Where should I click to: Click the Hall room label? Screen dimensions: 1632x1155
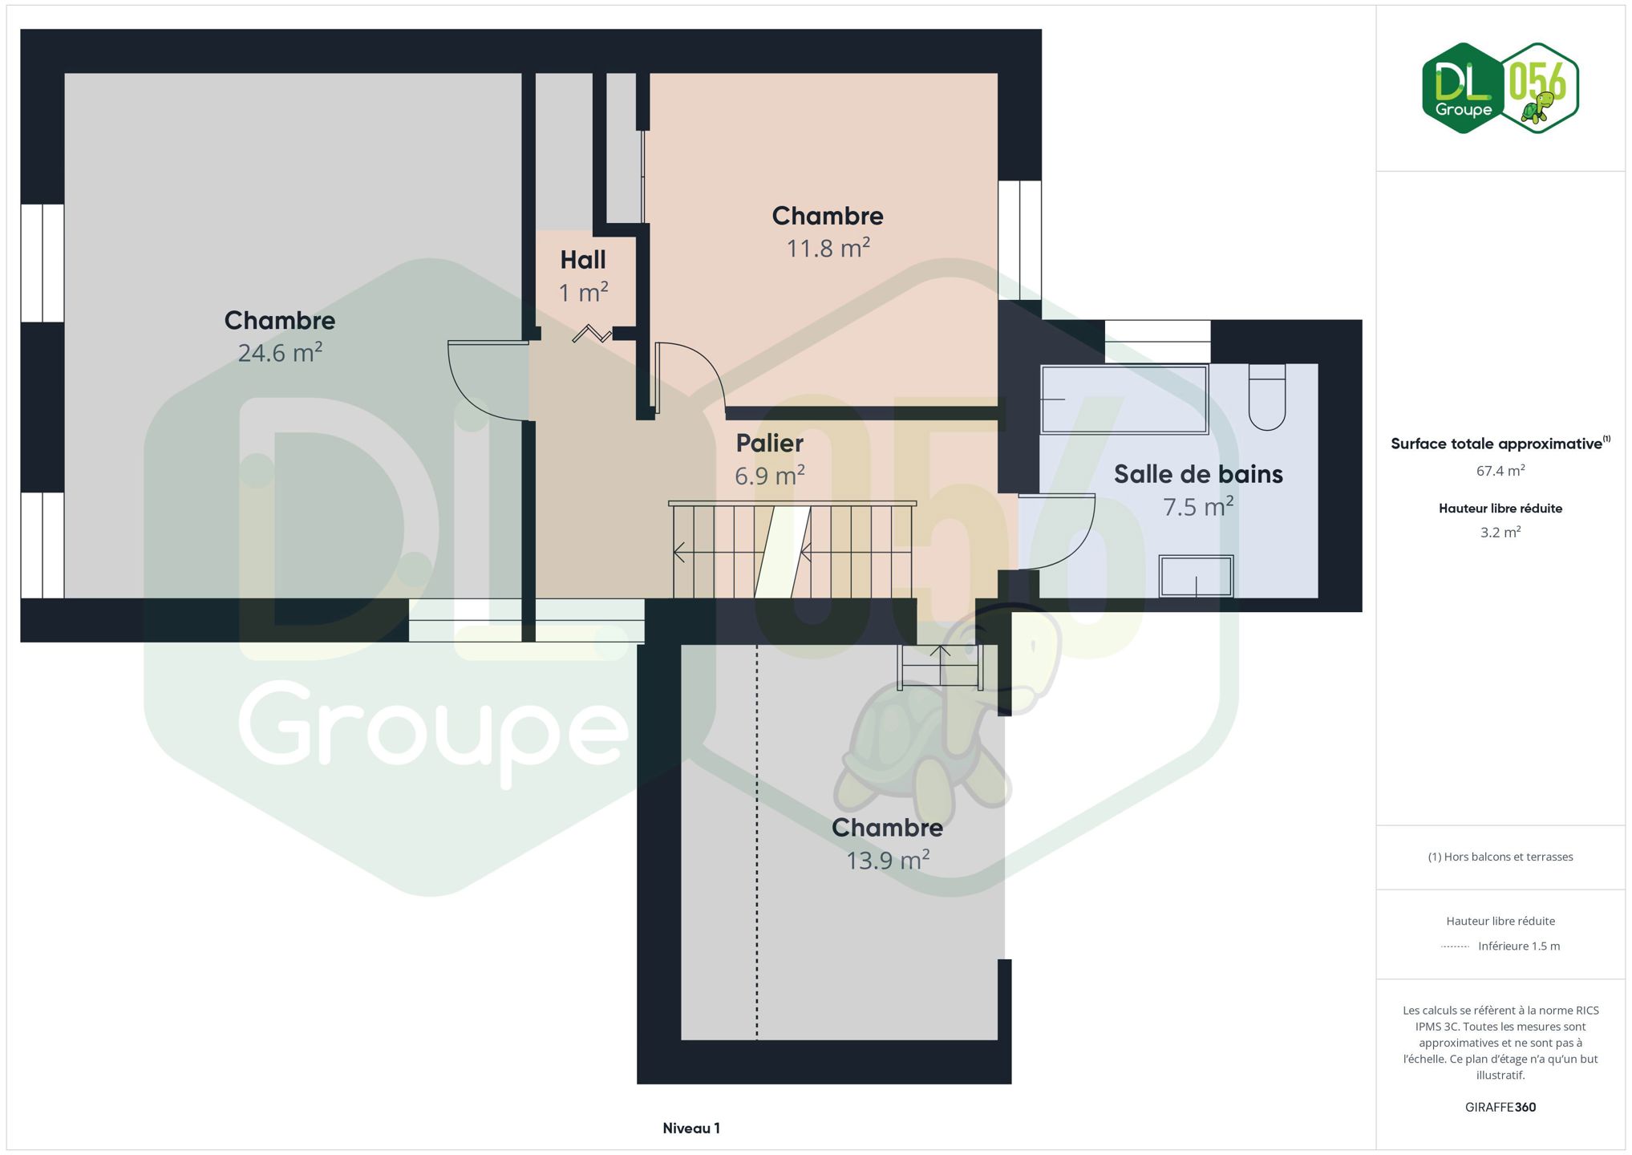[583, 260]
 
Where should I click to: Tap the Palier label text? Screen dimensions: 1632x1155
[770, 443]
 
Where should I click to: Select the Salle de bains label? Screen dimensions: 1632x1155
[1198, 474]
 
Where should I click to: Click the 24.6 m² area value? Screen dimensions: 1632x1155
[280, 352]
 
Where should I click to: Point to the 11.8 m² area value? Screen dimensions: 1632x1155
[828, 248]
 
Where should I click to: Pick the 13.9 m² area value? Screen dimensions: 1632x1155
[888, 860]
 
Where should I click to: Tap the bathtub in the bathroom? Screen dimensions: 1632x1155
[1124, 399]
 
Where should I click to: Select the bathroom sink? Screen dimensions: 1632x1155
[1196, 576]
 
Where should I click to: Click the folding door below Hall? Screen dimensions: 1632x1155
[592, 333]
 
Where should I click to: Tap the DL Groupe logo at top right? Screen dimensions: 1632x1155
[1500, 87]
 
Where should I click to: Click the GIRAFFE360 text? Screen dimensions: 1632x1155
[1500, 1107]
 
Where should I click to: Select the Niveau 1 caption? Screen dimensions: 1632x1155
[691, 1128]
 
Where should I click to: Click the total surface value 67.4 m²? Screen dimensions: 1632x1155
[1500, 471]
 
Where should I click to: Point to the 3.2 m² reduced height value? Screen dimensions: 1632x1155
[1500, 532]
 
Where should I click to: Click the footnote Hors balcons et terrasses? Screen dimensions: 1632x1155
[1500, 857]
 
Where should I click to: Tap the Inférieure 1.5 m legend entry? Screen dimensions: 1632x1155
[1500, 946]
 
